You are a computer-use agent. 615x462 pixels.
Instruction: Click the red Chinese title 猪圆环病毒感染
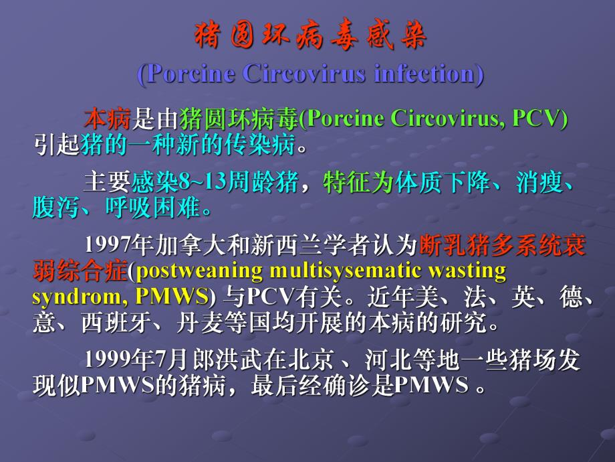pos(310,37)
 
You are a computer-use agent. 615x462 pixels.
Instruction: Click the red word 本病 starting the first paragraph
pos(107,119)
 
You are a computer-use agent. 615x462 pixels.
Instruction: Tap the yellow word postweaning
pos(193,271)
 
